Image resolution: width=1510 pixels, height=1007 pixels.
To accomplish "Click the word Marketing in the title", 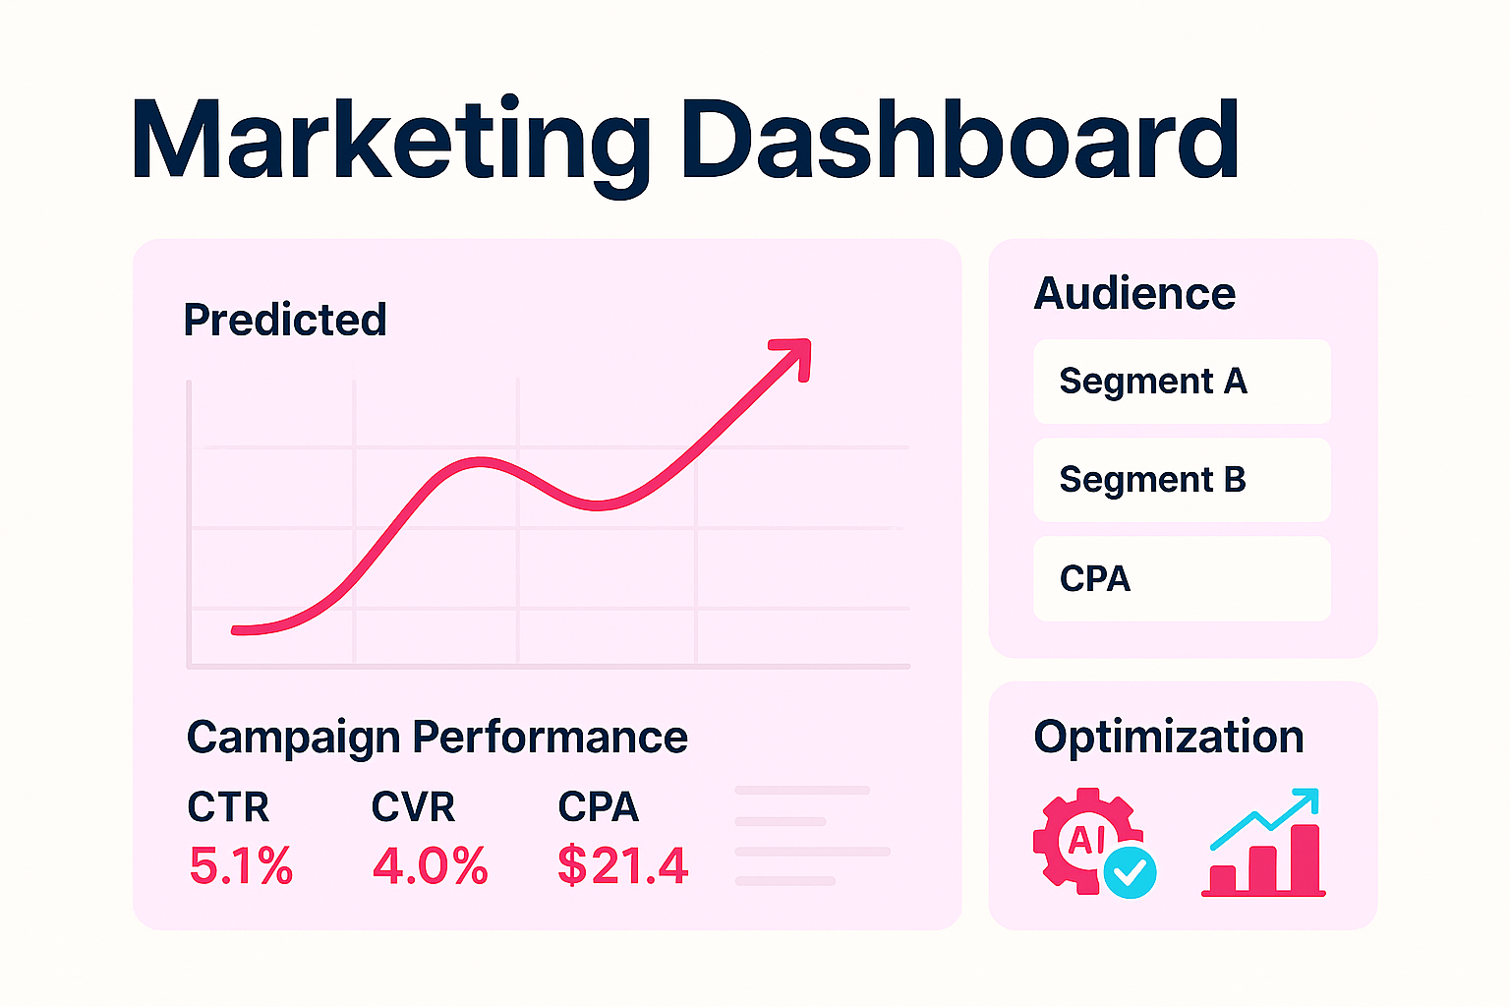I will (389, 141).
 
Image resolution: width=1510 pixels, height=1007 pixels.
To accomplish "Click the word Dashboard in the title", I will (959, 141).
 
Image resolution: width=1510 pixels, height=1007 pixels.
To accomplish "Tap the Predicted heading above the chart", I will (285, 320).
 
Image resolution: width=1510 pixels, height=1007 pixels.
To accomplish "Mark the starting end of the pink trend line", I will (237, 629).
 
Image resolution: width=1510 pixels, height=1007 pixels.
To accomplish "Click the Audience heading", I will (1134, 293).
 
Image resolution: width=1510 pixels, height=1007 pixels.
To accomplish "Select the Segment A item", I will (1152, 382).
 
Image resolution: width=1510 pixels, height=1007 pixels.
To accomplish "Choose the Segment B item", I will (1152, 480).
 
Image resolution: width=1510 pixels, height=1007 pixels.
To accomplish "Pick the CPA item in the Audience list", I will (1095, 579).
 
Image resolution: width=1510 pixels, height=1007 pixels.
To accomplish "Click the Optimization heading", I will (1168, 737).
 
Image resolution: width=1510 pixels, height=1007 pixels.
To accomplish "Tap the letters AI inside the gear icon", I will (1086, 839).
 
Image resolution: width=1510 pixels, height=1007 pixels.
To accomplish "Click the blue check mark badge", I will (1131, 872).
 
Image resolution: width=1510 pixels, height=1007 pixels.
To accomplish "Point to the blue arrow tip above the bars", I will (1309, 796).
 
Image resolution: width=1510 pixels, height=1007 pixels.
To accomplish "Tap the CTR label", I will (228, 807).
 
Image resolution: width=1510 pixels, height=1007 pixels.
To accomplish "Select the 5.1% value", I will (241, 866).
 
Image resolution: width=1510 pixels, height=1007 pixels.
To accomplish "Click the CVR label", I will (413, 807).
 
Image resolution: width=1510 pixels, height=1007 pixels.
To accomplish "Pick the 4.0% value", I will (430, 866).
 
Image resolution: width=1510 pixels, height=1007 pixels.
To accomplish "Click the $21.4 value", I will (622, 866).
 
